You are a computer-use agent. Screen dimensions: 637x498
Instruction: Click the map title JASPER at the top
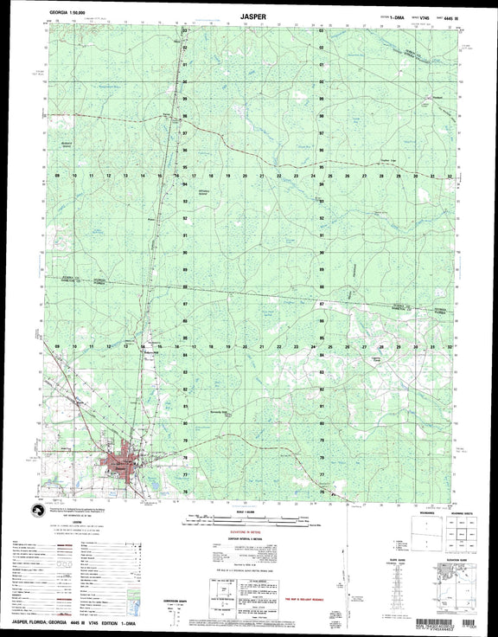pos(248,15)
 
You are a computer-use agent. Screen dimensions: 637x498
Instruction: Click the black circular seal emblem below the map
pos(38,512)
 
